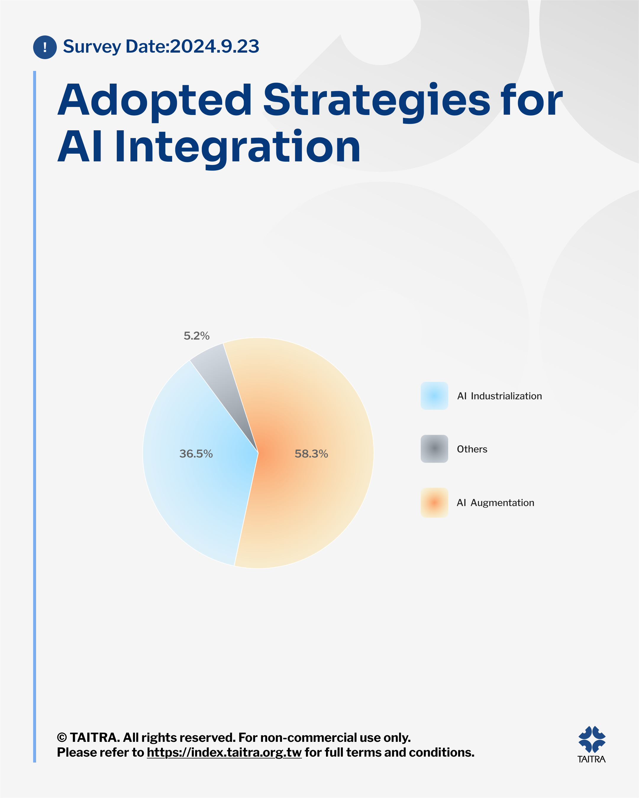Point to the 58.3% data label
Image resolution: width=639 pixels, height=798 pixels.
(311, 454)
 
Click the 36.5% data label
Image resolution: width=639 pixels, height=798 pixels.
(196, 454)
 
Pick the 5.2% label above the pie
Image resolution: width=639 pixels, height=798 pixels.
(197, 336)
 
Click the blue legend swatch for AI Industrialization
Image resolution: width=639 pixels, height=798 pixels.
(434, 396)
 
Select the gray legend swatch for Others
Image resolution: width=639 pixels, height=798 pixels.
(434, 449)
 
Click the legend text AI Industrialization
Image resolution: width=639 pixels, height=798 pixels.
(499, 396)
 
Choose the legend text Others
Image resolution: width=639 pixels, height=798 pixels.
(472, 449)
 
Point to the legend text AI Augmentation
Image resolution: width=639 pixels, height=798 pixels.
(495, 503)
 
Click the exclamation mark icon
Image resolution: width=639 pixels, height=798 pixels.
(45, 47)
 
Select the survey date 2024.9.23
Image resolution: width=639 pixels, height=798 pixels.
(214, 46)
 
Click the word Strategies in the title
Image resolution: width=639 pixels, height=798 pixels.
(377, 101)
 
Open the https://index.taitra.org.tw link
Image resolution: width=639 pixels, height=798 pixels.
(224, 752)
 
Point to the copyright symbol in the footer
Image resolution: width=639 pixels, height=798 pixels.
(62, 738)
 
